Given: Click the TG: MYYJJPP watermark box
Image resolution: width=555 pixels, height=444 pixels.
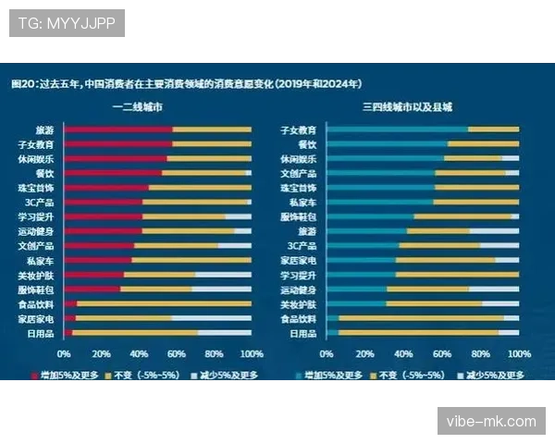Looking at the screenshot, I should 67,23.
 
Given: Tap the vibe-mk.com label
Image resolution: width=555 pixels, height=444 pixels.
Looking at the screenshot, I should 491,421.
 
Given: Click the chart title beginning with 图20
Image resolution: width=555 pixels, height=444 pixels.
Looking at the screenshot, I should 185,83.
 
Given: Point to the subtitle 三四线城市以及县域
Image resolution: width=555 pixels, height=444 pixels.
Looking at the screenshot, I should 408,107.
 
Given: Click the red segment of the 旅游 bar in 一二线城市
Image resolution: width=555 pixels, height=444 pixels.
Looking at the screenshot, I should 117,129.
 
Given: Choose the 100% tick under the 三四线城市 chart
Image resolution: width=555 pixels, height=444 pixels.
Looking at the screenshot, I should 519,354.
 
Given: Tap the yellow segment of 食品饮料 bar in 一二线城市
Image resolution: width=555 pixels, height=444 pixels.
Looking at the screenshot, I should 163,303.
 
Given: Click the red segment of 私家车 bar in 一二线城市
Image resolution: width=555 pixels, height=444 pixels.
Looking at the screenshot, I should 98,260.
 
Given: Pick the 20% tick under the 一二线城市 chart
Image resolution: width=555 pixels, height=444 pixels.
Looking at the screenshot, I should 102,354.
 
